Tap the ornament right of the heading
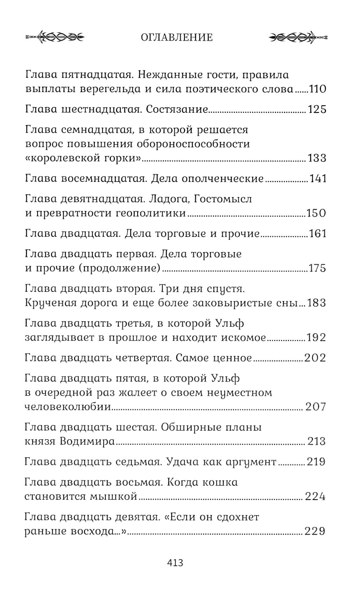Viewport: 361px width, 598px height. pyautogui.click(x=299, y=37)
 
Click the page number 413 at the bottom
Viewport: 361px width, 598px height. pyautogui.click(x=175, y=563)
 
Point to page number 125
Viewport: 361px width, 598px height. pyautogui.click(x=317, y=109)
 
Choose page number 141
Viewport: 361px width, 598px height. pyautogui.click(x=318, y=179)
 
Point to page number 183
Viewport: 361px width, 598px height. pyautogui.click(x=317, y=303)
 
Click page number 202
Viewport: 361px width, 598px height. pyautogui.click(x=315, y=358)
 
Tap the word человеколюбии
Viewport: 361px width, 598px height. pyautogui.click(x=68, y=407)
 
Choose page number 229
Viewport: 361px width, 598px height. pyautogui.click(x=315, y=531)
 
